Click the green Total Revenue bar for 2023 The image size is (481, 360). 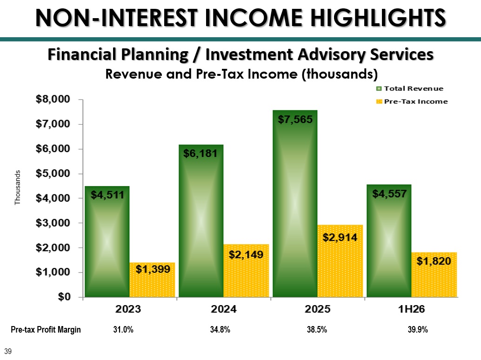pyautogui.click(x=107, y=241)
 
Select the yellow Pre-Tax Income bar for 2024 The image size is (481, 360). pyautogui.click(x=246, y=270)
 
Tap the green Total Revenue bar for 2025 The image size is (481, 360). pyautogui.click(x=295, y=204)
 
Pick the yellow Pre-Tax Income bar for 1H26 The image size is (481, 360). pyautogui.click(x=434, y=274)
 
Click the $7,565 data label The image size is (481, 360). pyautogui.click(x=295, y=119)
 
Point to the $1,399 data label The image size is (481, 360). pyautogui.click(x=153, y=269)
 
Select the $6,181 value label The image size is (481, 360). pyautogui.click(x=200, y=153)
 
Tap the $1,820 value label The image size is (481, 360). pyautogui.click(x=434, y=261)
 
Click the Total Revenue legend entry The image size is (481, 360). pyautogui.click(x=410, y=89)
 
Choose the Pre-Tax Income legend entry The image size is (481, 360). pyautogui.click(x=412, y=101)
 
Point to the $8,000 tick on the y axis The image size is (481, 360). pyautogui.click(x=53, y=99)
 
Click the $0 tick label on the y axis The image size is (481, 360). pyautogui.click(x=64, y=297)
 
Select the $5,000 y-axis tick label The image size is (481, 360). pyautogui.click(x=53, y=173)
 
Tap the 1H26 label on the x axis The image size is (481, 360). pyautogui.click(x=411, y=309)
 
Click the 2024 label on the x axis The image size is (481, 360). pyautogui.click(x=224, y=309)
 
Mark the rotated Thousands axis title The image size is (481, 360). pyautogui.click(x=18, y=187)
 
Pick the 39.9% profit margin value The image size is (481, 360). pyautogui.click(x=418, y=330)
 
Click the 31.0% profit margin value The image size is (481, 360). pyautogui.click(x=123, y=330)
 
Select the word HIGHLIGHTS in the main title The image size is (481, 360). pyautogui.click(x=378, y=18)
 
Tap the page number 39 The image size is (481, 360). pyautogui.click(x=8, y=352)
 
